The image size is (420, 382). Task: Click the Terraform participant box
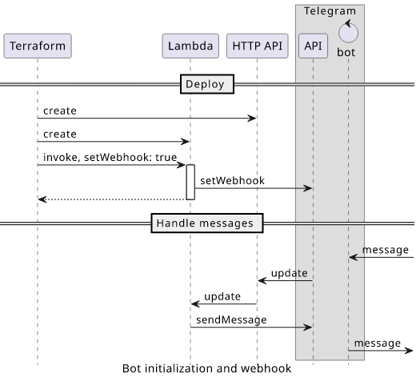point(38,46)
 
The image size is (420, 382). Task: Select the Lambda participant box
point(190,46)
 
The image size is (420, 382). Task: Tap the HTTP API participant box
point(258,46)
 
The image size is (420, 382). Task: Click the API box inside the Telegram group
point(313,46)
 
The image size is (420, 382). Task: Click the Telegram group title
point(330,11)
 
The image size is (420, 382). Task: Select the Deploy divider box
point(207,84)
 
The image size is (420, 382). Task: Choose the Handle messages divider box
point(207,223)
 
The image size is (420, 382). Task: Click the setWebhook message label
point(232,181)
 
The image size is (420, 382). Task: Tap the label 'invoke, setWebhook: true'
point(110,157)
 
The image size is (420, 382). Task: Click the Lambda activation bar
point(190,183)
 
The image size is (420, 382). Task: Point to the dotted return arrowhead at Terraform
point(42,199)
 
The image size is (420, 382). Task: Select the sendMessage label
point(231,320)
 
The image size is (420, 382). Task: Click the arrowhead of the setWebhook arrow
point(308,188)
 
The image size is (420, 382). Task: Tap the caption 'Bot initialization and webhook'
point(206,368)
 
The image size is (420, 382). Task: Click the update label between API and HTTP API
point(290,273)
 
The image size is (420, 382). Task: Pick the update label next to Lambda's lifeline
point(222,297)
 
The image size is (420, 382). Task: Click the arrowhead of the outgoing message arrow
point(409,351)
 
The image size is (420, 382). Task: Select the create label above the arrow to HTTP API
point(60,111)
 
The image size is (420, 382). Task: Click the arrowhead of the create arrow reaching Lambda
point(185,142)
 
